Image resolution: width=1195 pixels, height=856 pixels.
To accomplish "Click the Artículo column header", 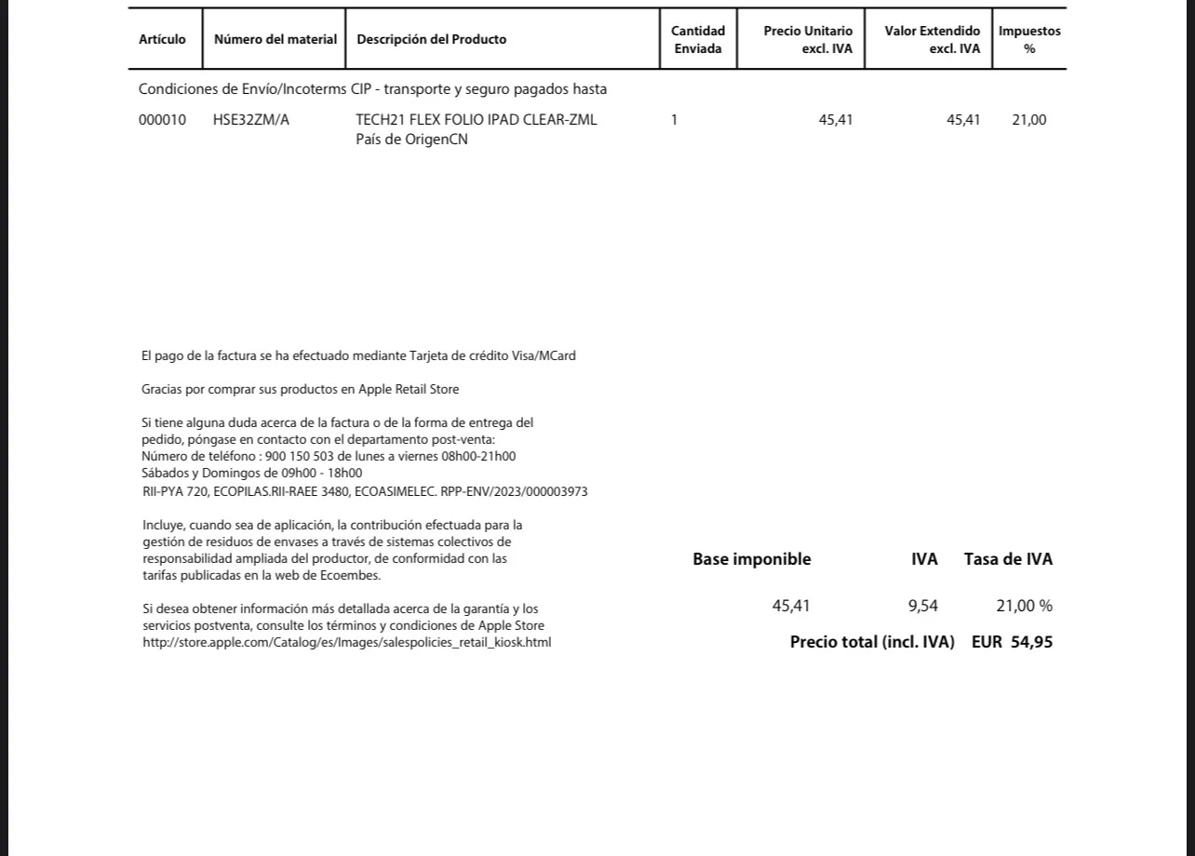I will tap(162, 39).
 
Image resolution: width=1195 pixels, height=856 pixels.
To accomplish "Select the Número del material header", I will tap(275, 39).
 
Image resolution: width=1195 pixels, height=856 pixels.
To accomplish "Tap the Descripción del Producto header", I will tap(432, 39).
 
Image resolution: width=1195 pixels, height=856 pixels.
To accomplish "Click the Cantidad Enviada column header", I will tap(698, 40).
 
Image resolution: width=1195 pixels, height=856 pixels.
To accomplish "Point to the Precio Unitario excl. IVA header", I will tap(808, 40).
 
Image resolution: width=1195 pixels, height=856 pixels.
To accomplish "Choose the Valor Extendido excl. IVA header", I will tap(932, 40).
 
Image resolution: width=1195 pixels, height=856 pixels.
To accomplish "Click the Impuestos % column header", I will tap(1029, 40).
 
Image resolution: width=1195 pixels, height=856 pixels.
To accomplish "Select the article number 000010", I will tap(162, 120).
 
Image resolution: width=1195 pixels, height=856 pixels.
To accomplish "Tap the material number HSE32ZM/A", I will tap(251, 120).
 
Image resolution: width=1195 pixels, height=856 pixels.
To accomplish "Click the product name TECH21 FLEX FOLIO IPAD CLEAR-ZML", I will tap(477, 120).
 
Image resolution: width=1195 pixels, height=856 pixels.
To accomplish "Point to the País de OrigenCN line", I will tap(411, 140).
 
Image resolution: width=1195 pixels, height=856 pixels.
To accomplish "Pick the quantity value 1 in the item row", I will tap(674, 120).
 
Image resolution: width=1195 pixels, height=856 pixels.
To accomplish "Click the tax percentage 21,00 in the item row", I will tap(1028, 120).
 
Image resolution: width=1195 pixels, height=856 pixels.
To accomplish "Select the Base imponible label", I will tap(751, 559).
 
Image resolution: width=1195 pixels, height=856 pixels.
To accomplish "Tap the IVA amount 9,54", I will tap(922, 606).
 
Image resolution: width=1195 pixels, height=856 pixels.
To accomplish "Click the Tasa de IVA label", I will tap(1008, 559).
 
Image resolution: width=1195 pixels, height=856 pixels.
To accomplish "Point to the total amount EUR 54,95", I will tap(1012, 642).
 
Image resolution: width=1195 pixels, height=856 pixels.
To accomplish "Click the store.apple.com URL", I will tap(346, 642).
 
